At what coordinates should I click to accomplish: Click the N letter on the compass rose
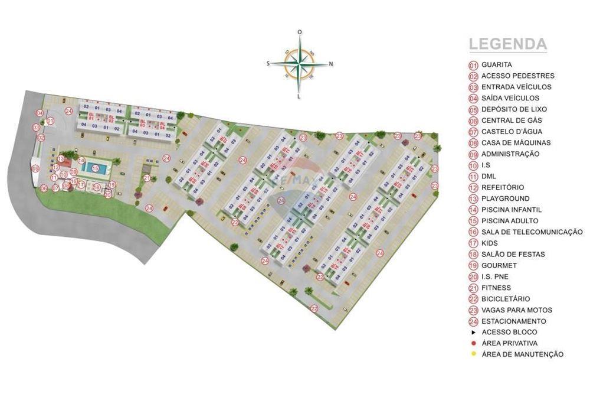(x=331, y=64)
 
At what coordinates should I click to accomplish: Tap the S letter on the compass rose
(x=268, y=63)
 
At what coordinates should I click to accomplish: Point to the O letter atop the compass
(x=300, y=32)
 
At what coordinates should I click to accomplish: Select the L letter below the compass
(x=300, y=96)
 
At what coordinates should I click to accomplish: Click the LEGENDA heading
(x=507, y=44)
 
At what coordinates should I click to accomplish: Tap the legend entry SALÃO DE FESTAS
(x=513, y=255)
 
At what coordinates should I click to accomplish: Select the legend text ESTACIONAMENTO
(x=513, y=321)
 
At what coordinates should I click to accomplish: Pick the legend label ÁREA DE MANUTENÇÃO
(x=522, y=354)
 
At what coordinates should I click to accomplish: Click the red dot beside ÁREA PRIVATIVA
(x=473, y=343)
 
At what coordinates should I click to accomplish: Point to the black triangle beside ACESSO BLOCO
(x=473, y=332)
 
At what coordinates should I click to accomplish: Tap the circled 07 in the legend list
(x=473, y=132)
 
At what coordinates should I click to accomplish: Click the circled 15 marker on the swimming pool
(x=95, y=168)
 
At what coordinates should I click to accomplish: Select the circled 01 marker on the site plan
(x=50, y=121)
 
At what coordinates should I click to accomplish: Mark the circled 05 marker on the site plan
(x=35, y=168)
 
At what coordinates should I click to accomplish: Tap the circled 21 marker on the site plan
(x=146, y=178)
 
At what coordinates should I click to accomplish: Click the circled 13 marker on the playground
(x=61, y=159)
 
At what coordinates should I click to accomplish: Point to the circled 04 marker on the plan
(x=39, y=113)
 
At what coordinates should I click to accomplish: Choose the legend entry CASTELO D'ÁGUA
(x=512, y=132)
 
